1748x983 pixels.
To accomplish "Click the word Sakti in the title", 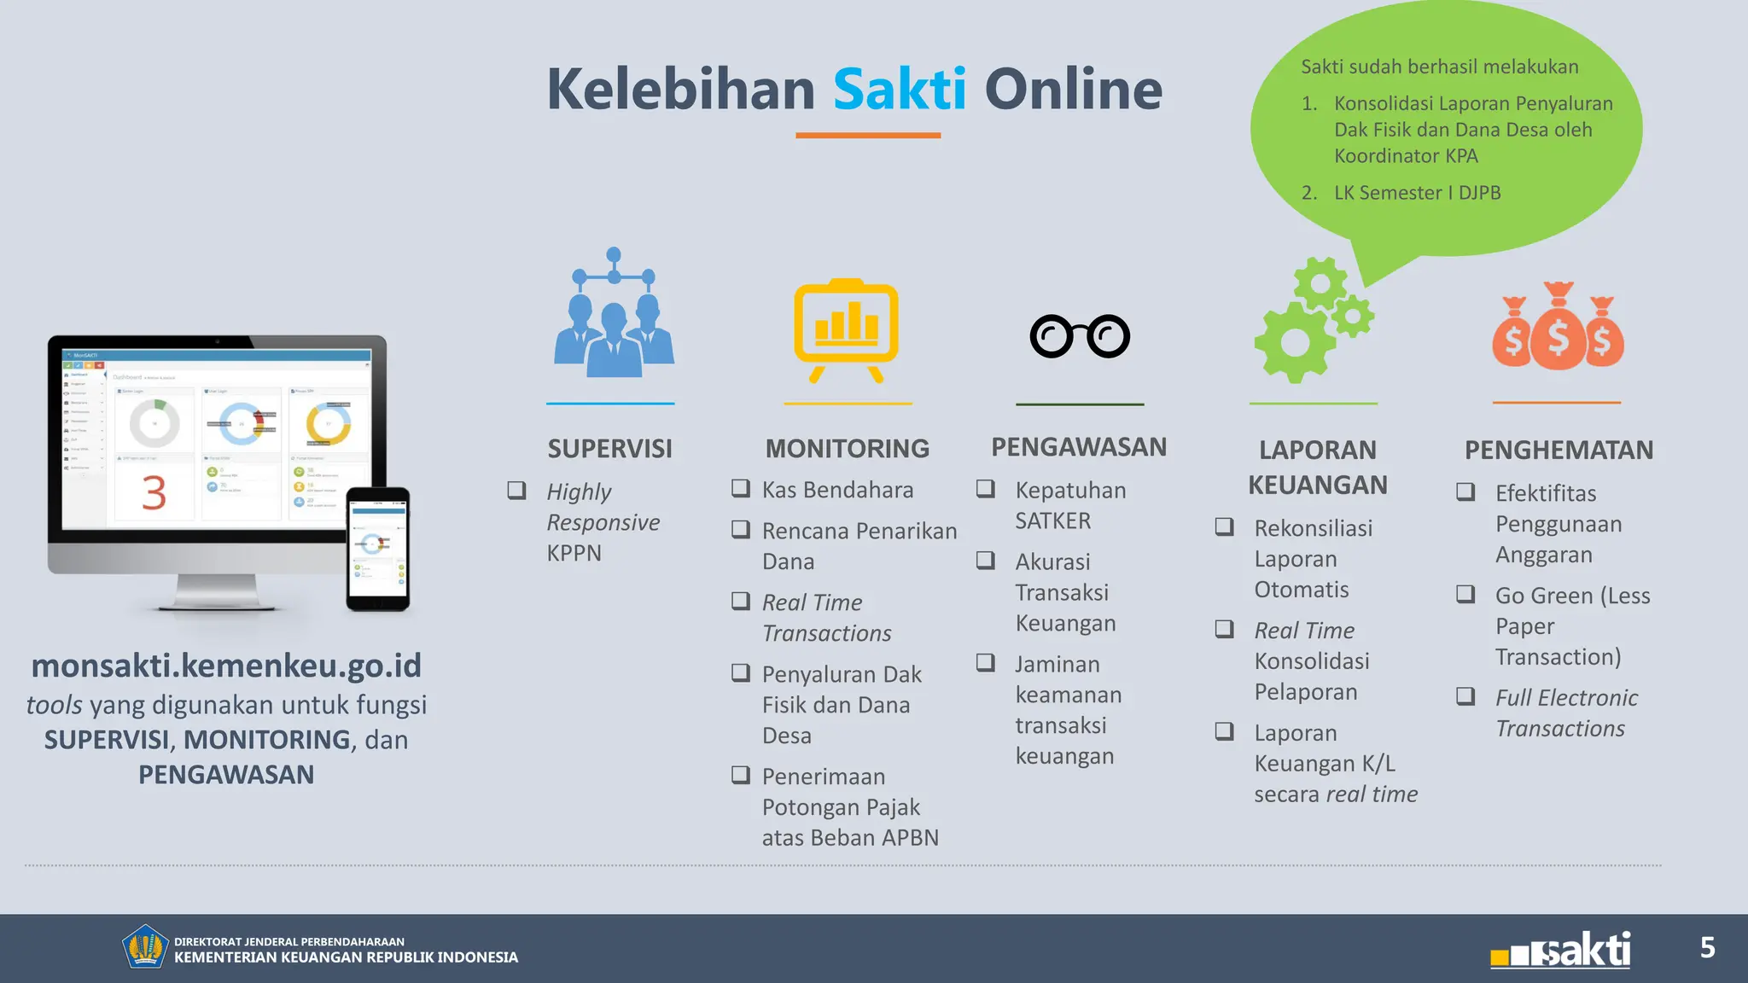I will pos(899,89).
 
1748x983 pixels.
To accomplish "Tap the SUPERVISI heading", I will pos(609,449).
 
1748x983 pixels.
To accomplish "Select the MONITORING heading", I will pos(847,449).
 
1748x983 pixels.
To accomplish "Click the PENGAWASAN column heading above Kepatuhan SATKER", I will pos(1078,447).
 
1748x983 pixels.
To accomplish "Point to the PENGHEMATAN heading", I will pos(1559,450).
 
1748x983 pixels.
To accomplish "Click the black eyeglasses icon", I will pos(1080,336).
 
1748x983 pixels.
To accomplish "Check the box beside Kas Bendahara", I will pos(741,489).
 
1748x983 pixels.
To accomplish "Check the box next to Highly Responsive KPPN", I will pos(516,490).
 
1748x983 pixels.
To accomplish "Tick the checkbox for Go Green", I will pos(1465,594).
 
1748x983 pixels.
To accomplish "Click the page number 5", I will pos(1707,947).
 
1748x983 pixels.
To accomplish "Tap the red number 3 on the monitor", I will pos(154,492).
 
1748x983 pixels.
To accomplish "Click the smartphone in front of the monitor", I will pos(377,549).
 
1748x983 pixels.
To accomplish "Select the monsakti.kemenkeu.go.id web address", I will pos(226,666).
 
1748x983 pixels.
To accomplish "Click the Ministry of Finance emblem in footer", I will pos(144,946).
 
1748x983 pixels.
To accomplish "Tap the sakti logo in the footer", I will pos(1561,950).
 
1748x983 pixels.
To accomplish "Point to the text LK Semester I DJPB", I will pos(1417,193).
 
